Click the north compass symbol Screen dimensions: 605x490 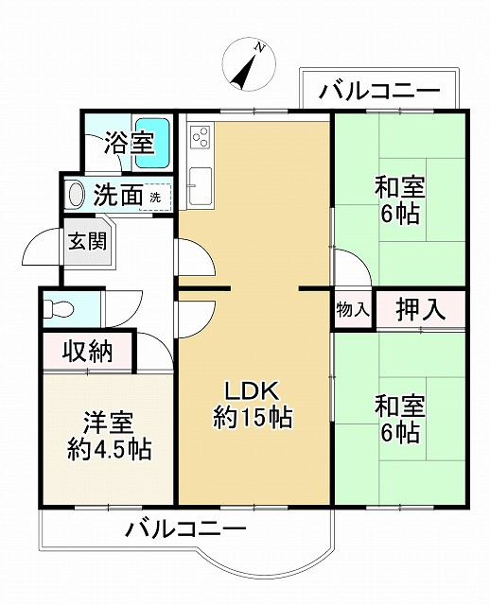point(249,65)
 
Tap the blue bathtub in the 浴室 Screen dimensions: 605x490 point(154,142)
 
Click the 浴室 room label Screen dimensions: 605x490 point(130,145)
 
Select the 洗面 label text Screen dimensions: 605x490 point(117,196)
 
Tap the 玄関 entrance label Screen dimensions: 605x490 point(86,240)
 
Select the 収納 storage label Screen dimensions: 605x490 point(88,353)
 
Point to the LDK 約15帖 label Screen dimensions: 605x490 point(251,404)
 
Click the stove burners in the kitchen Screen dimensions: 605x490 point(200,138)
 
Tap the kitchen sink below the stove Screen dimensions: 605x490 point(200,180)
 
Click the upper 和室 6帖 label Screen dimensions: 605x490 point(399,200)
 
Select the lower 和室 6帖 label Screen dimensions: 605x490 point(399,419)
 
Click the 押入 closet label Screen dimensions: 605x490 point(420,310)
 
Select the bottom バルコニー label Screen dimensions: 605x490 point(185,528)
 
